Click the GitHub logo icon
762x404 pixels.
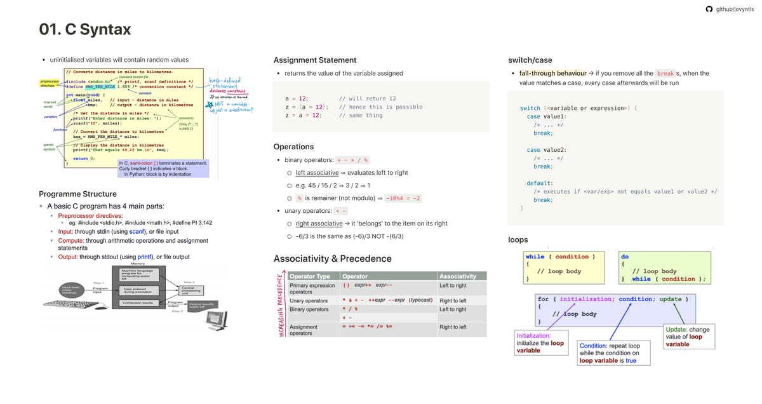coord(709,9)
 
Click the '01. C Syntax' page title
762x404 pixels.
coord(85,29)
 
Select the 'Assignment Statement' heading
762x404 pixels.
coord(315,60)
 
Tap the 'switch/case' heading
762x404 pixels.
coord(530,60)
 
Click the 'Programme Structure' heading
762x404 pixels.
coord(77,194)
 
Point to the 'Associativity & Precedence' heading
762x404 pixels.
coord(332,259)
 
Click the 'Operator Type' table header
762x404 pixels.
coord(310,276)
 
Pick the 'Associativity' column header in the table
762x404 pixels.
coord(458,276)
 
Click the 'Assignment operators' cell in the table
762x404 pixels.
coord(304,330)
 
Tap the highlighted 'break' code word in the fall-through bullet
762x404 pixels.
coord(665,74)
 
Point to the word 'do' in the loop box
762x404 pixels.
coord(625,257)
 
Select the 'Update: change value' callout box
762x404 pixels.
coord(688,337)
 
